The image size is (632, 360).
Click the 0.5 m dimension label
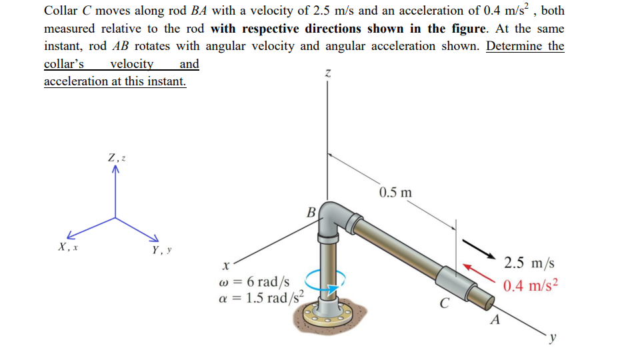click(395, 193)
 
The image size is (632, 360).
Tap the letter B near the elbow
click(311, 213)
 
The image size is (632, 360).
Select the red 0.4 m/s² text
click(531, 286)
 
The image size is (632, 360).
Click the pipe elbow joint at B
click(331, 220)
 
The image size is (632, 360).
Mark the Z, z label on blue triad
click(117, 158)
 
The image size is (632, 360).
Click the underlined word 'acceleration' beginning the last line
click(75, 81)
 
